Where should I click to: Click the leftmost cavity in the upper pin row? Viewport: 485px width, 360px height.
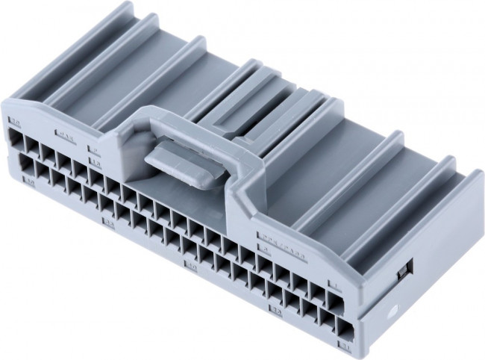(16, 138)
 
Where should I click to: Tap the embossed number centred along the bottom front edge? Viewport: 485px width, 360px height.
(191, 265)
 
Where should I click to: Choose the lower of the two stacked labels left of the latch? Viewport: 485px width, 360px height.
(95, 161)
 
